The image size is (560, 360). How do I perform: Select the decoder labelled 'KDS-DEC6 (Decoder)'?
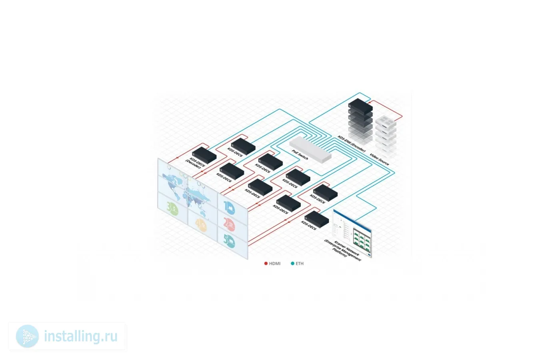click(x=204, y=154)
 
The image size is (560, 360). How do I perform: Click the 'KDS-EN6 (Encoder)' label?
click(x=351, y=144)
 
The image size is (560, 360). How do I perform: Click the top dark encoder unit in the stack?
click(x=360, y=106)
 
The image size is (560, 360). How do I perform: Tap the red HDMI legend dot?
click(x=266, y=264)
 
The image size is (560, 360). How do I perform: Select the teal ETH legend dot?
click(x=292, y=264)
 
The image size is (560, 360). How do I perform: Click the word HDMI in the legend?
click(x=275, y=264)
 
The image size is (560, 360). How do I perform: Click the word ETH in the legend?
click(x=300, y=264)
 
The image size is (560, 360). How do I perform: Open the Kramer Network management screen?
click(x=352, y=234)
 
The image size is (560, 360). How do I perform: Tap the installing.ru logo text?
click(x=81, y=336)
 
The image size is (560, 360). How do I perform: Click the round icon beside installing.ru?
click(x=27, y=336)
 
